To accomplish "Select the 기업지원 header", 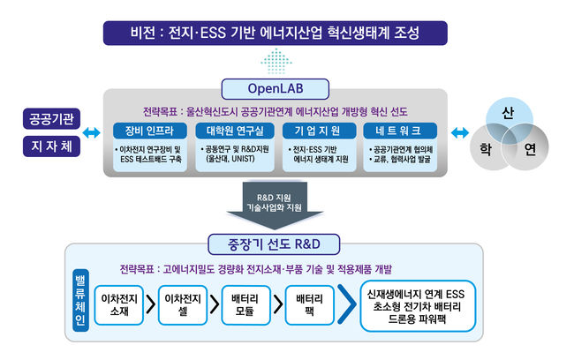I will (316, 131).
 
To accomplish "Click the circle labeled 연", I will (528, 149).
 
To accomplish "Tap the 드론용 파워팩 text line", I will (419, 319).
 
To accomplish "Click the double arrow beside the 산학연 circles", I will (458, 132).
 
